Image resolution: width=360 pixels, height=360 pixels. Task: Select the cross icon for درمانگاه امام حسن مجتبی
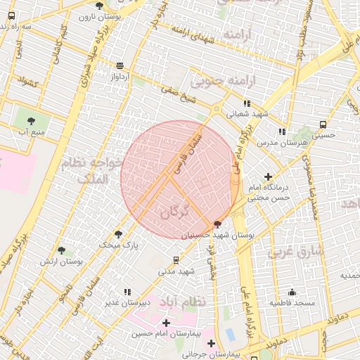[267, 176]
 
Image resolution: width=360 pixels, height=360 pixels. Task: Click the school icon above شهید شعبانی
[247, 103]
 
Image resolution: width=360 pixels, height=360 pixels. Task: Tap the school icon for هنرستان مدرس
[281, 131]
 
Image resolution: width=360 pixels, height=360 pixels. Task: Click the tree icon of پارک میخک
[117, 235]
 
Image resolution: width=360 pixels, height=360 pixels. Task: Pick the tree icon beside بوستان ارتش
[61, 250]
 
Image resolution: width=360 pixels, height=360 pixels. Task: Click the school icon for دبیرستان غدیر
[127, 292]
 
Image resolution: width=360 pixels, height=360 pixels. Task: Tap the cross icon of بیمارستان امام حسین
[166, 322]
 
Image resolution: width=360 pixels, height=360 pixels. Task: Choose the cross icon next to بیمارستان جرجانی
[211, 344]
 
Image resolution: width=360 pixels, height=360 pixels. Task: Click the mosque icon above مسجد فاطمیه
[292, 292]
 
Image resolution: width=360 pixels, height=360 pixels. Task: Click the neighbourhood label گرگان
[175, 210]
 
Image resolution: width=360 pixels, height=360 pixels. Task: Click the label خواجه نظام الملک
[103, 170]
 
